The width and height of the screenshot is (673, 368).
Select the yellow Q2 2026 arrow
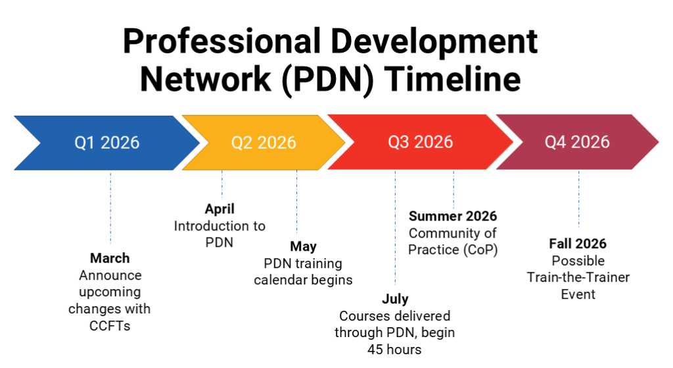point(264,142)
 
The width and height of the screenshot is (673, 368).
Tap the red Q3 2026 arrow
point(421,142)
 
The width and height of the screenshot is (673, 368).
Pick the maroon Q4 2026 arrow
point(577,142)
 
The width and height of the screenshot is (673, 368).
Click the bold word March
point(110,258)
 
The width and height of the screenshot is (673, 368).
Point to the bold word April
point(220,209)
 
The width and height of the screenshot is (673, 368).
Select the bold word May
point(303,247)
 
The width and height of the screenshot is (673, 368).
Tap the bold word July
point(395,300)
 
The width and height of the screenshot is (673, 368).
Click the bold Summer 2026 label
point(453,216)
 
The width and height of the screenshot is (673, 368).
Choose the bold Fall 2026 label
point(578,244)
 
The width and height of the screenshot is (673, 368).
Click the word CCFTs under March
point(110,325)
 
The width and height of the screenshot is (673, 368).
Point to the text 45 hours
point(394,349)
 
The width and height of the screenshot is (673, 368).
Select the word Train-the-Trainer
point(578,277)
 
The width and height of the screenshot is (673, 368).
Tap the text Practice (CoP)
point(453,250)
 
